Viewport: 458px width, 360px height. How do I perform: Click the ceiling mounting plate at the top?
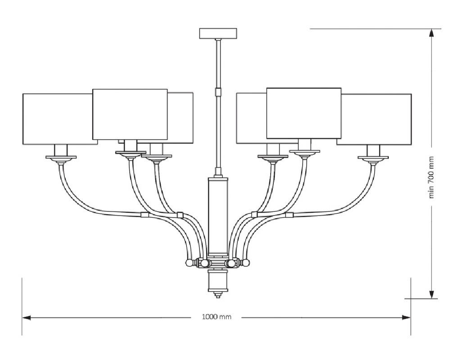[218, 33]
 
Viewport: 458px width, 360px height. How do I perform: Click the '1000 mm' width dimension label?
[217, 317]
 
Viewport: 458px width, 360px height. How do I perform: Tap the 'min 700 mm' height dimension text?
[431, 177]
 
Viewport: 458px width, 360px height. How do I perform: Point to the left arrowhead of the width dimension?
[26, 318]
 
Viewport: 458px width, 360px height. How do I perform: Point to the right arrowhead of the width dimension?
[406, 318]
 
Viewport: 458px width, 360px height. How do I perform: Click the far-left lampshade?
[60, 119]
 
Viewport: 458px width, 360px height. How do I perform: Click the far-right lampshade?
[374, 119]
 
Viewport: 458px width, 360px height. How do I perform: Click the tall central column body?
[218, 216]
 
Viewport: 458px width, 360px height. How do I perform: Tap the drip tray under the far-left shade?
[61, 157]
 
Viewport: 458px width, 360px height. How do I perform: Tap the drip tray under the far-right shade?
[373, 157]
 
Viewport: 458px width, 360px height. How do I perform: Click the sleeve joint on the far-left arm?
[145, 215]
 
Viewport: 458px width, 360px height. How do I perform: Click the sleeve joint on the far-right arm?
[289, 216]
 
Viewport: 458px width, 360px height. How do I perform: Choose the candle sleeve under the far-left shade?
[61, 150]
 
